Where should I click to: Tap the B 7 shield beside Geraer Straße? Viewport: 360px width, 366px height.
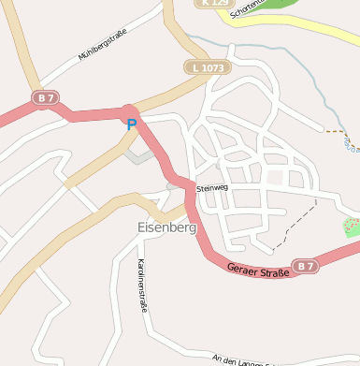[303, 266]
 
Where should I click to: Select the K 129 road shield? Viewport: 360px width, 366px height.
[213, 3]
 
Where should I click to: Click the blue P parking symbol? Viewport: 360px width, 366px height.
[131, 123]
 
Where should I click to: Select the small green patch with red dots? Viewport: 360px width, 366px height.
[352, 227]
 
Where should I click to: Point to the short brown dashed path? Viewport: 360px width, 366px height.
[336, 131]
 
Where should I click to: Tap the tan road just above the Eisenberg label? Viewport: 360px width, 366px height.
[140, 198]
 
